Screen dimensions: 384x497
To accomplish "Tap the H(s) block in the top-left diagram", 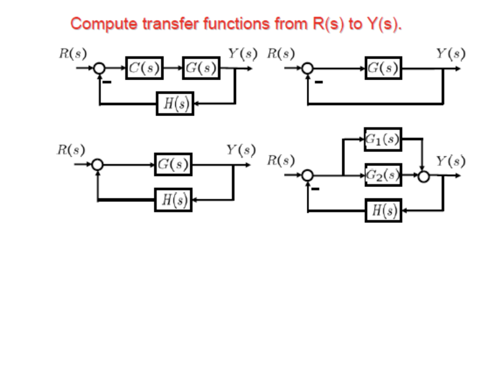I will pos(175,103).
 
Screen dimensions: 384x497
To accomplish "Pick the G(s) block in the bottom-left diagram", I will pos(173,165).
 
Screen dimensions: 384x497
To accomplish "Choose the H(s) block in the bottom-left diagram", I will pos(173,200).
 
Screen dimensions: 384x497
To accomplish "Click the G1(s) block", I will pos(383,139).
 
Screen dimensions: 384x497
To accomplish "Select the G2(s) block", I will pos(383,175).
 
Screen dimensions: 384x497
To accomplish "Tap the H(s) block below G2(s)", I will pos(383,210).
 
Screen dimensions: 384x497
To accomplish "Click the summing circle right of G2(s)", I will pos(424,176).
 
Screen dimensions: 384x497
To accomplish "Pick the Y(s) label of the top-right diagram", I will pos(450,53).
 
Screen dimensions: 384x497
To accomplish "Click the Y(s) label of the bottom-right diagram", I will pos(450,161).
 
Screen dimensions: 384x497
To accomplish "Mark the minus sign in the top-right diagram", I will pos(318,82).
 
